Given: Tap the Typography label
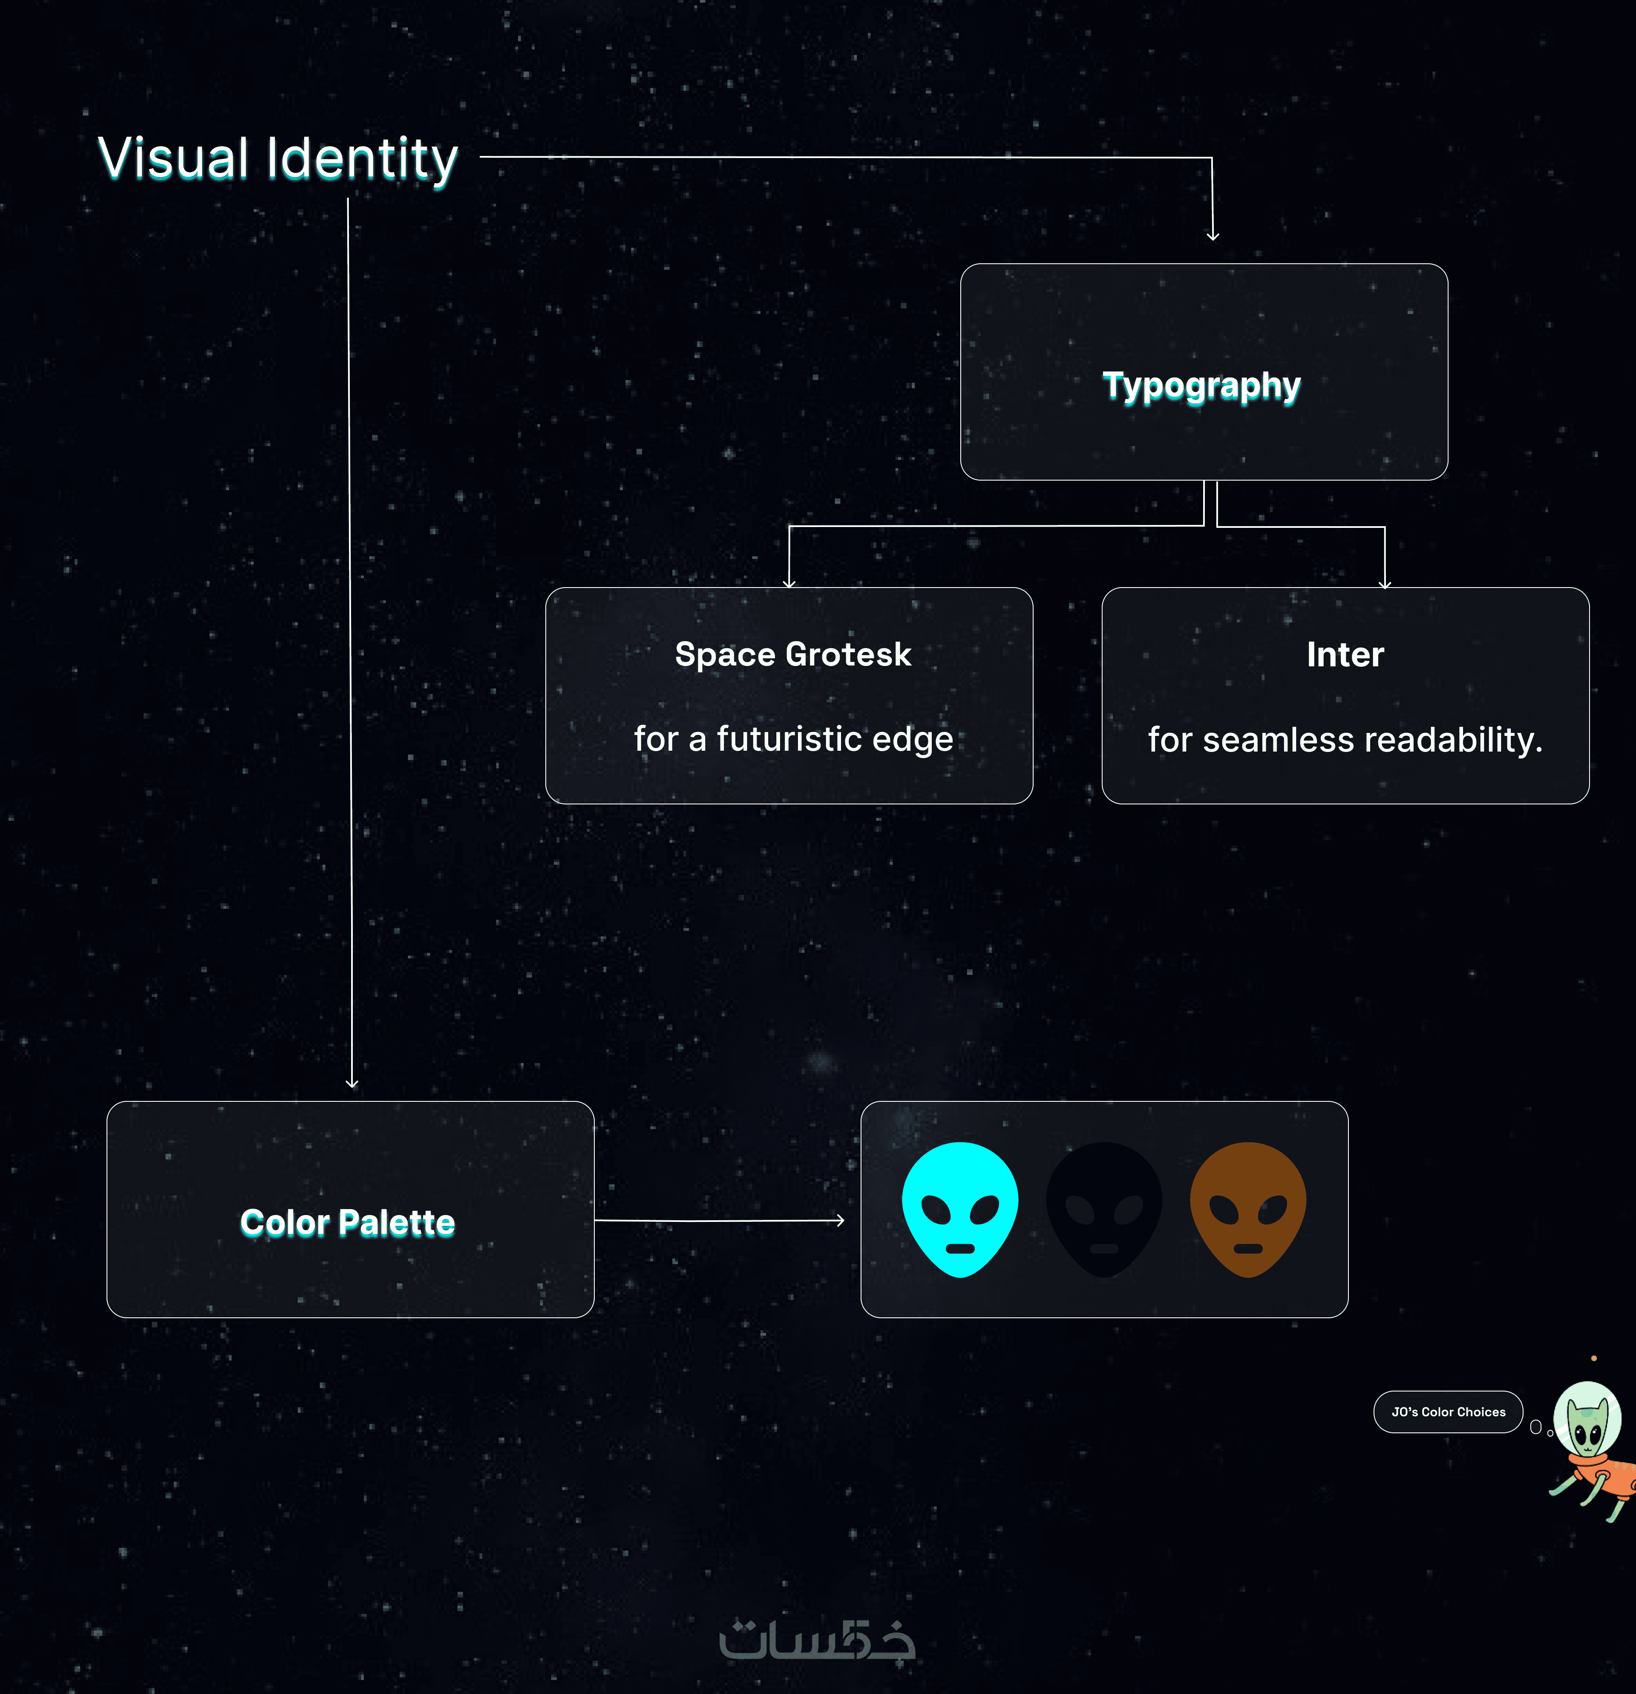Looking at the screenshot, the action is click(1201, 386).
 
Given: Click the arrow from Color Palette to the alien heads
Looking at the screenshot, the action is click(719, 1220).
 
